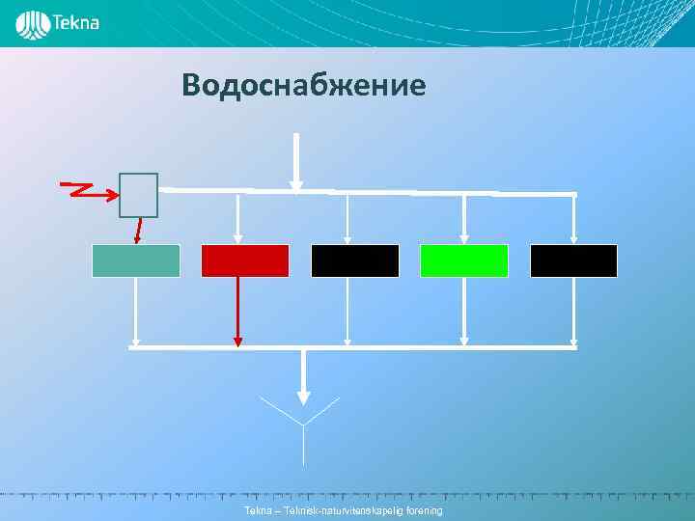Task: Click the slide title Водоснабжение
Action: click(303, 86)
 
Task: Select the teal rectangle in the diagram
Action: click(135, 260)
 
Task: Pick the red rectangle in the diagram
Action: click(244, 260)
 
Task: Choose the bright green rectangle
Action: click(463, 260)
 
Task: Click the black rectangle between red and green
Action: click(354, 260)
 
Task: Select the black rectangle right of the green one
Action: click(573, 260)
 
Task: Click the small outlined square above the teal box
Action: click(138, 195)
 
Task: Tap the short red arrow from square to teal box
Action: click(139, 230)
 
